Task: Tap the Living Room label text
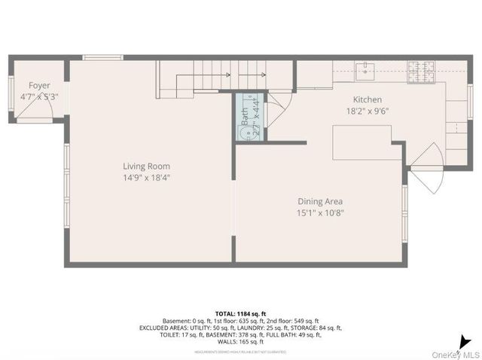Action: pos(147,166)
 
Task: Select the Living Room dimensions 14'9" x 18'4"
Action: pos(147,177)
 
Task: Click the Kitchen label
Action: pos(368,99)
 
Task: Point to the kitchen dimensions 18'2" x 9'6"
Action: pos(368,110)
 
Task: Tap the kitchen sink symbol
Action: pos(365,72)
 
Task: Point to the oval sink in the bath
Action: pos(245,133)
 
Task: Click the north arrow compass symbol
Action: pos(468,341)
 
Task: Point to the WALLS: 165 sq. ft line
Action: pos(240,342)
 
